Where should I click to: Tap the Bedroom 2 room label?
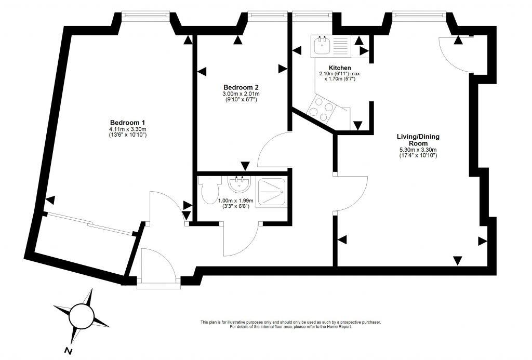pyautogui.click(x=241, y=87)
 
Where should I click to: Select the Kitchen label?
pyautogui.click(x=340, y=68)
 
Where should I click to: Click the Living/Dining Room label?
pyautogui.click(x=418, y=140)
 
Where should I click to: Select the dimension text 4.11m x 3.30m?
pyautogui.click(x=128, y=129)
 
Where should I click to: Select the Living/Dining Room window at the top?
pyautogui.click(x=419, y=15)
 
